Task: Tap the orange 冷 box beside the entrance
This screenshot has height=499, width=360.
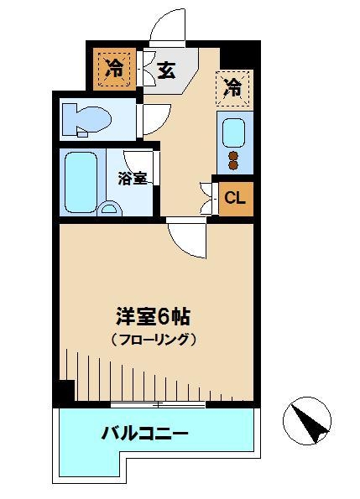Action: coord(115,70)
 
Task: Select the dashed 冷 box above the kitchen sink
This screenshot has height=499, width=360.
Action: coord(233,86)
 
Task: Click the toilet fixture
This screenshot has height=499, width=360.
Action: coord(86,117)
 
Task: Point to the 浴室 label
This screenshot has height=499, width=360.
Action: coord(133,178)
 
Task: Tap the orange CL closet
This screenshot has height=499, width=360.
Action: coord(236,199)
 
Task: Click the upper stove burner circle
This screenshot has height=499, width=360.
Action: coord(233,154)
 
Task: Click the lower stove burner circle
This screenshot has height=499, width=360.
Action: coord(233,165)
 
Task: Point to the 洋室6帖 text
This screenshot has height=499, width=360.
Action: coord(153,318)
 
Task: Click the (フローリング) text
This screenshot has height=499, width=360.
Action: coord(153,340)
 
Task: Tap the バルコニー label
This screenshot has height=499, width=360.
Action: coord(145,434)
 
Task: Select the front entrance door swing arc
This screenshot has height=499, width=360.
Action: coord(167,25)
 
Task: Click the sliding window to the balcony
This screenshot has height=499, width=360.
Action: coord(158,405)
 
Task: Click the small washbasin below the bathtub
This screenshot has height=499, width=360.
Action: coord(110,209)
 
